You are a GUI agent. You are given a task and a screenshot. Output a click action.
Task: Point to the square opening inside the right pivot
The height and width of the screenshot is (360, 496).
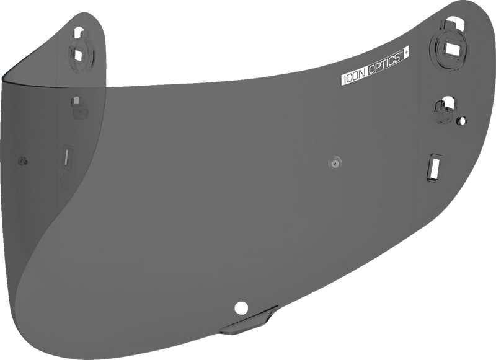pos(451,46)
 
